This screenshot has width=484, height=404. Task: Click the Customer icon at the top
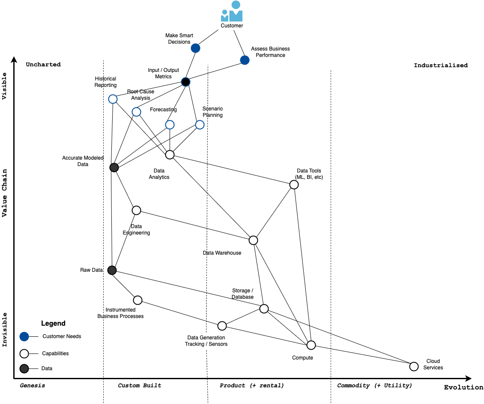pos(232,11)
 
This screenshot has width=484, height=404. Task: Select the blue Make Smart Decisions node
pos(195,48)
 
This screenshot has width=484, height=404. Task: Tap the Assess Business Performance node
pos(245,60)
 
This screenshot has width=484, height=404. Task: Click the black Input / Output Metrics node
pos(185,82)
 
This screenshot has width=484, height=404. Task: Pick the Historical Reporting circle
pos(113,99)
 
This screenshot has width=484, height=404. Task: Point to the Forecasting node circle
pos(170,125)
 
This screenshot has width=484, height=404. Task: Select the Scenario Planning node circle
pos(200,125)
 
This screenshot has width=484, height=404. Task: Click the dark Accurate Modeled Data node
pos(114,167)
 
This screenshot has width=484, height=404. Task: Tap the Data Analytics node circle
pos(170,154)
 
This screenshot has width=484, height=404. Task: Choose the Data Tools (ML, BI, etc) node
pos(294,185)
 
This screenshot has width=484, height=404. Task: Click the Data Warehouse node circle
pos(253,240)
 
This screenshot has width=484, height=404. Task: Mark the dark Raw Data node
pos(112,270)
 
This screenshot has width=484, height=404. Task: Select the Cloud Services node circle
pos(414,366)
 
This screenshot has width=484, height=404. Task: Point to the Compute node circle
pos(311,345)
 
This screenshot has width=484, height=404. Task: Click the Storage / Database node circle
pos(264,309)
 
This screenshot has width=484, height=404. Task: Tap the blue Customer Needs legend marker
pos(24,336)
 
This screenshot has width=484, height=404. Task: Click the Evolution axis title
pos(463,387)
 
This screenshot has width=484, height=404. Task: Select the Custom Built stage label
pos(140,386)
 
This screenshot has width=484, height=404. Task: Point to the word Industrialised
pos(441,65)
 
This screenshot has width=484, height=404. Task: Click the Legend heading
pos(53,323)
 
